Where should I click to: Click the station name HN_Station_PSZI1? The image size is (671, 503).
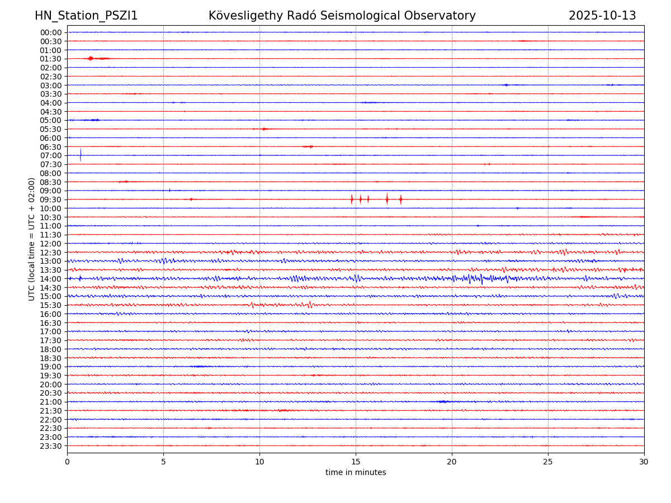point(86,16)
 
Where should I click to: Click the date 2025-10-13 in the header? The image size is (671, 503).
point(602,16)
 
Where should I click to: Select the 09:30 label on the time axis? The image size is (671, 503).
point(51,200)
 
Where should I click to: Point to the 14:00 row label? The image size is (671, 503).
point(51,279)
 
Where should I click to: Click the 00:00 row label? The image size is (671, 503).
point(51,32)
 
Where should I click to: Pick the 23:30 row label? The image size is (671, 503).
point(51,446)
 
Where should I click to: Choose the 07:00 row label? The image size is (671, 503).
point(51,155)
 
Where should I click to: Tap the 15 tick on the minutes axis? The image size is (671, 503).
point(356,462)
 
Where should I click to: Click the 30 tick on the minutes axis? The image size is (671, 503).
point(644,462)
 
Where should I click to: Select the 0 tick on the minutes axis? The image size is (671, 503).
point(67,462)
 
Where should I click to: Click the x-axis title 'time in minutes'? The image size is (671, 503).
point(356,473)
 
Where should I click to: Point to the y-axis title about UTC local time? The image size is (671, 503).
point(32,239)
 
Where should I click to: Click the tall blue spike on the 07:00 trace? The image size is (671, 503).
point(81,154)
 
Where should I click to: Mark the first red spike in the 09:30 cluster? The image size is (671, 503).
point(352,199)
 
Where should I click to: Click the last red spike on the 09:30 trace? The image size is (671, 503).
point(400,199)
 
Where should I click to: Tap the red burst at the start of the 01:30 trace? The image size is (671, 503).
point(90,58)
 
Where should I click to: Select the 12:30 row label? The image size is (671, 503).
point(51,253)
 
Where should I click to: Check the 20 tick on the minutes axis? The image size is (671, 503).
point(452,462)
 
